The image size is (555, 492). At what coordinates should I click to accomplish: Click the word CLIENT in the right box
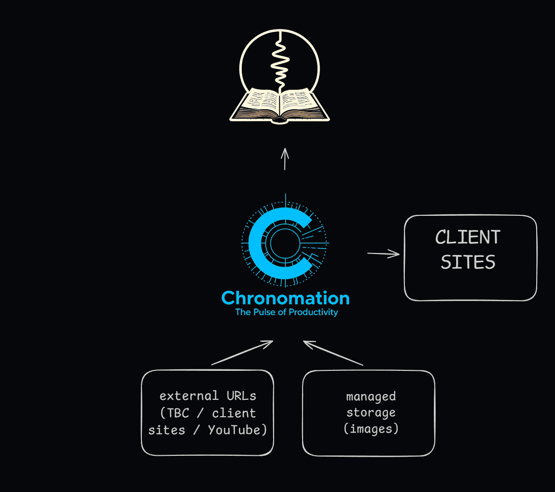[468, 237]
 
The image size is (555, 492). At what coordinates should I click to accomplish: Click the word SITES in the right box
[468, 262]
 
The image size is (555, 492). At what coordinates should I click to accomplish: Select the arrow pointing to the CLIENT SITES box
[384, 253]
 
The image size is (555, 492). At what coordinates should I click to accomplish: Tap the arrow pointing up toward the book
[285, 159]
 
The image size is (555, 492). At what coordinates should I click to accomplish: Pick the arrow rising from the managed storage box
[333, 353]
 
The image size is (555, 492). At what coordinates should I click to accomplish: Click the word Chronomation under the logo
[285, 298]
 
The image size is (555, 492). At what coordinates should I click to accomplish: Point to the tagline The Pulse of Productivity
[286, 312]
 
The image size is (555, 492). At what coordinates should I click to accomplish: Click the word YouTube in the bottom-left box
[237, 430]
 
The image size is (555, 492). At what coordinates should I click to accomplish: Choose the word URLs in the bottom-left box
[241, 396]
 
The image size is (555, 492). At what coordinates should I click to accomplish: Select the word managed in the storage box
[371, 397]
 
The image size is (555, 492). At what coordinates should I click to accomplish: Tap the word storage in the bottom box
[371, 413]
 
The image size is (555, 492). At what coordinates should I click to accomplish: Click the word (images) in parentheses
[371, 428]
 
